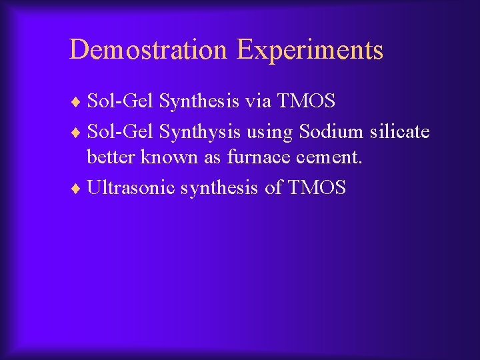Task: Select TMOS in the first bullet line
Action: point(307,101)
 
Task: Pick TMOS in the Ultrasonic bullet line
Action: point(317,188)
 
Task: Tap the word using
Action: point(270,132)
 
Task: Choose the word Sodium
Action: point(331,132)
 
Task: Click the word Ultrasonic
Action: point(131,188)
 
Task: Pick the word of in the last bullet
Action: point(273,188)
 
